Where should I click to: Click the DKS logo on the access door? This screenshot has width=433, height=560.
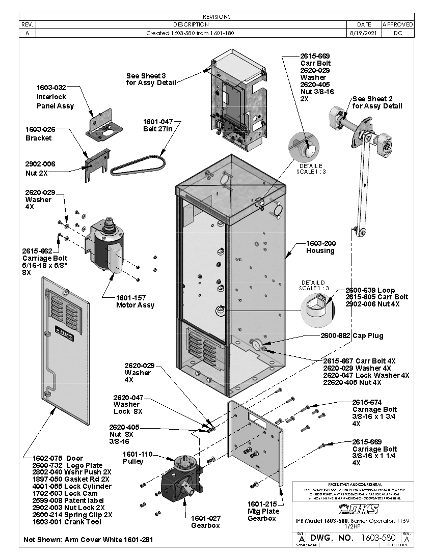pyautogui.click(x=64, y=337)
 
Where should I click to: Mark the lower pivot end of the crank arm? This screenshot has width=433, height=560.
pyautogui.click(x=361, y=233)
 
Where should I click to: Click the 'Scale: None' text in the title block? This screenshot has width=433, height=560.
pyautogui.click(x=307, y=545)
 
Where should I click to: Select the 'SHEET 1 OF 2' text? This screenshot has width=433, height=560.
pyautogui.click(x=397, y=545)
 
